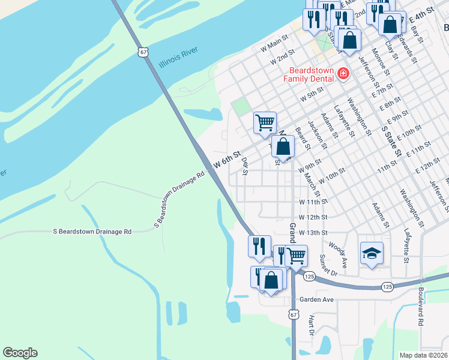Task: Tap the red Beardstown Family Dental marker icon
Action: point(343,74)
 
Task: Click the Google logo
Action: point(20,353)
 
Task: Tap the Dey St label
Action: point(244,167)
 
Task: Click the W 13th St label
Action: point(313,232)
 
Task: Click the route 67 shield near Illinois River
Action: point(142,52)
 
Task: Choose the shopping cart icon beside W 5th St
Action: point(265,122)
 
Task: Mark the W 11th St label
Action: point(313,202)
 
